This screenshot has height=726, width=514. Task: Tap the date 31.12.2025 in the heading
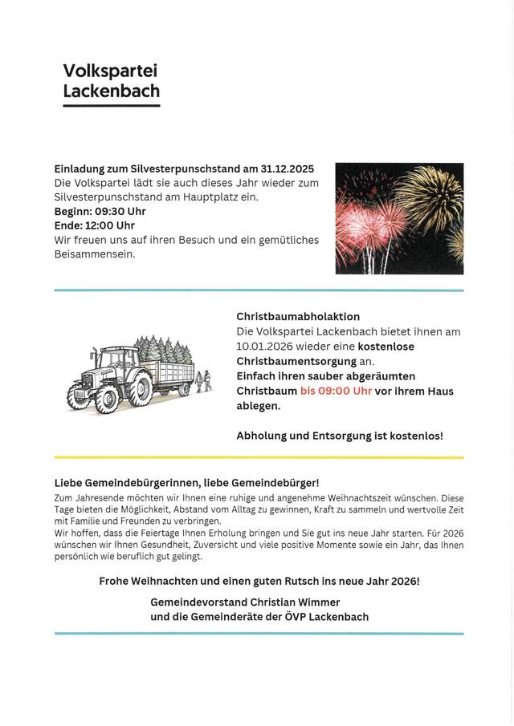(x=288, y=169)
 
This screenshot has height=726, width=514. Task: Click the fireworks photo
(x=399, y=218)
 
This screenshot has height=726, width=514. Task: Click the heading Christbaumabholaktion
(x=298, y=317)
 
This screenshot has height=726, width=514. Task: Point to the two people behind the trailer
(x=203, y=379)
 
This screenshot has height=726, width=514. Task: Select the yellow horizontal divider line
(x=259, y=457)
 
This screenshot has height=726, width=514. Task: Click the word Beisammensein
(x=95, y=254)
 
